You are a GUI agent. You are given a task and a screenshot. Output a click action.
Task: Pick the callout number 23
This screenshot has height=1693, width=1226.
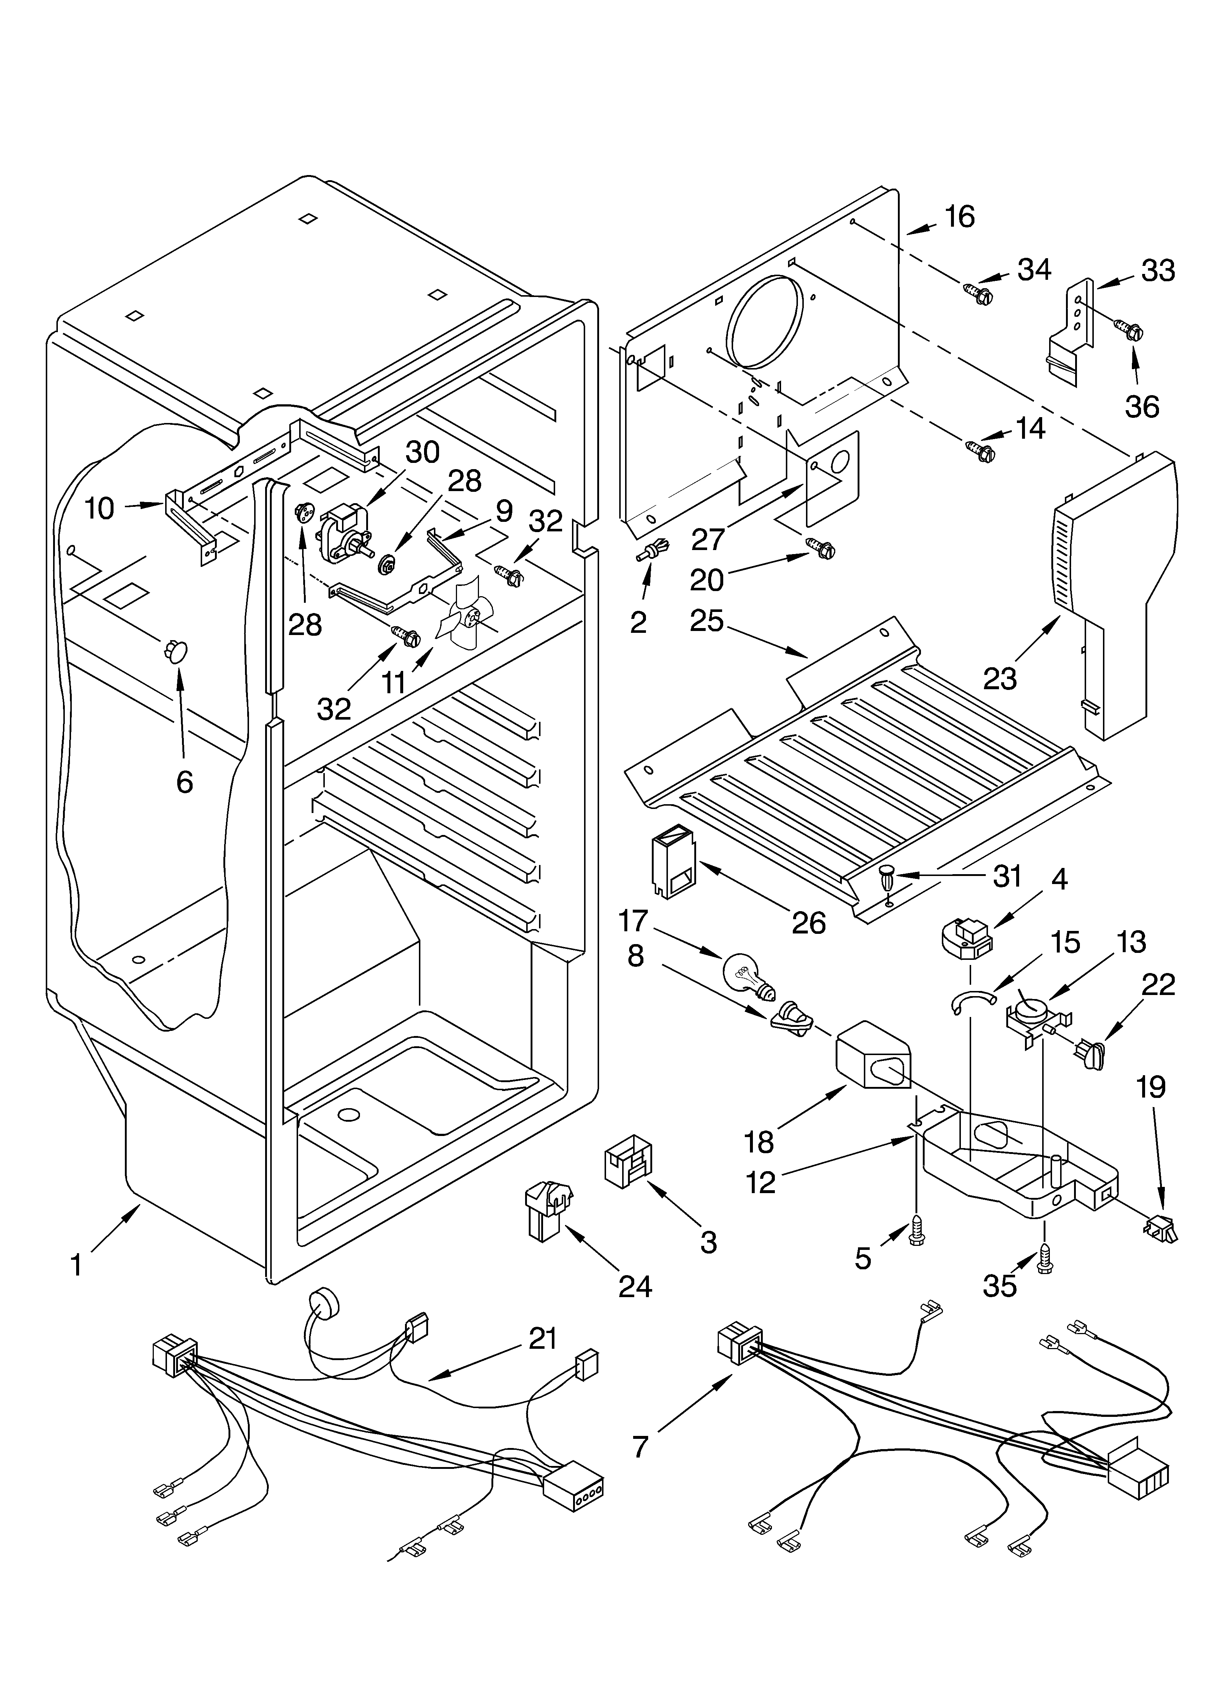999,678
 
